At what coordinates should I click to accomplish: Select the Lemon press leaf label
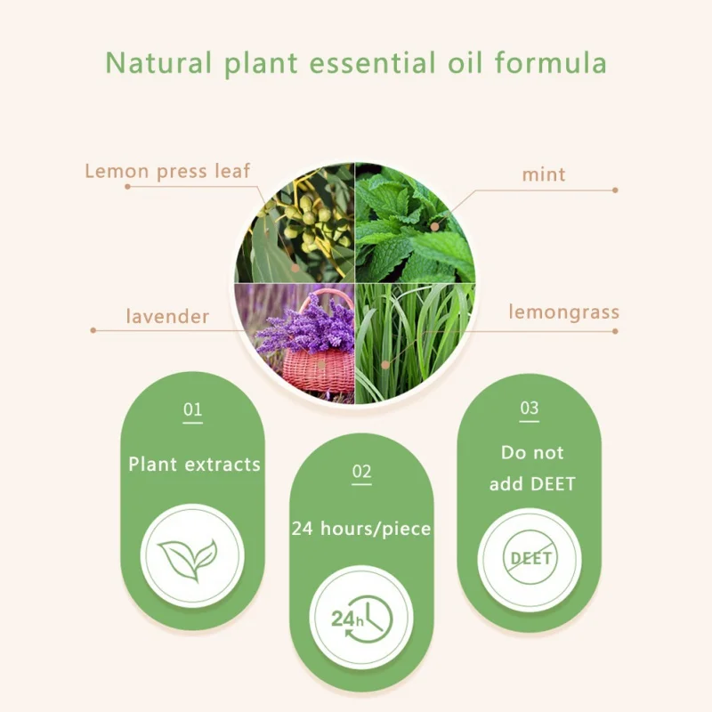tap(167, 171)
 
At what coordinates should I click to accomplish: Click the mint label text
tap(544, 174)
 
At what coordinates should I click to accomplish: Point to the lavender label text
tap(167, 316)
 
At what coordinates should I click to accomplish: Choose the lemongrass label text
tap(564, 312)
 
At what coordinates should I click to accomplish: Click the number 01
tap(193, 410)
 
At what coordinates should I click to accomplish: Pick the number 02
tap(361, 472)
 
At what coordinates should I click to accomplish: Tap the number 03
tap(530, 408)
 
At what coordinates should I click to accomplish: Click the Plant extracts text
tap(194, 464)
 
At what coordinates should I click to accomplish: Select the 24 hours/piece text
tap(361, 529)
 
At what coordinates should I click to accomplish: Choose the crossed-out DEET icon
tap(530, 559)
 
